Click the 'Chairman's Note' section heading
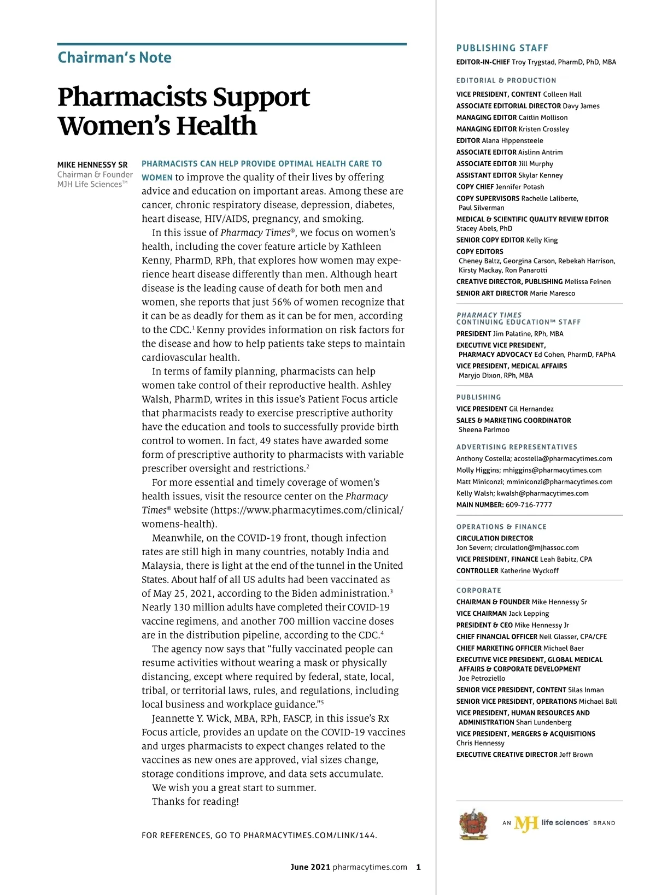(x=114, y=58)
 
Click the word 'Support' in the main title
(x=261, y=97)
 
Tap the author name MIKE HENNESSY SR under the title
(x=92, y=164)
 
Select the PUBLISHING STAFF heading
(x=502, y=48)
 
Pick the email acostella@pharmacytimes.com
(x=563, y=459)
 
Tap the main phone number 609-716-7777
(x=529, y=505)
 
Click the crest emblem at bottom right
(x=473, y=823)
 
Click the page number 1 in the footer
(x=418, y=867)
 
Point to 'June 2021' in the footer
(x=310, y=867)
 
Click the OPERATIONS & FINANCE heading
(x=501, y=527)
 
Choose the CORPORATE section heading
(x=478, y=591)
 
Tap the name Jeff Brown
(x=576, y=755)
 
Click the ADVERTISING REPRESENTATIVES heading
(x=517, y=447)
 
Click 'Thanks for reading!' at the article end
(x=195, y=802)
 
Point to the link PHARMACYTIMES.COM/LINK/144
(x=309, y=835)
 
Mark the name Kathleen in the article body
(x=361, y=246)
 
